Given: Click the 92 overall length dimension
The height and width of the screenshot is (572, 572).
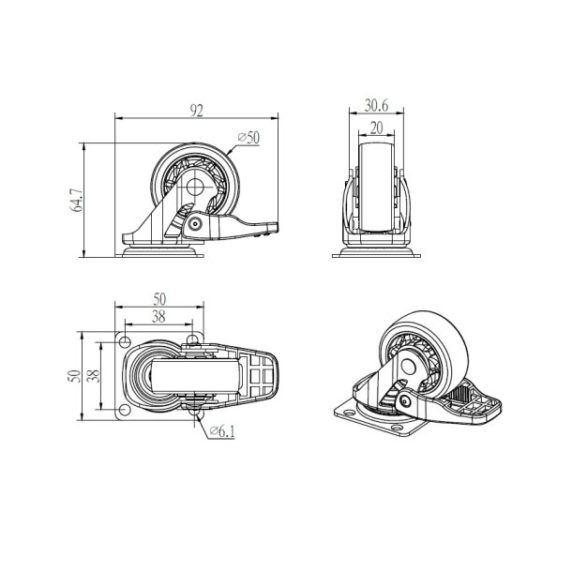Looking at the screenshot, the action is click(x=196, y=110).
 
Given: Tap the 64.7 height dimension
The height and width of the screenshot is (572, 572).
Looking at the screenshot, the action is click(x=76, y=201).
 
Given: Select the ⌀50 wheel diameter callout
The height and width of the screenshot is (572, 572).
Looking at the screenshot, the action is click(x=248, y=138).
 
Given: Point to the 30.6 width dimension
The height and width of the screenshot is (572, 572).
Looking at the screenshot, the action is click(x=376, y=105).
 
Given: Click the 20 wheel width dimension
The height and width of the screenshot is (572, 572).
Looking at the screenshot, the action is click(x=376, y=128).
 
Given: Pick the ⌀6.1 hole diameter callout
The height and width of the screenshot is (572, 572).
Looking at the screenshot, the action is click(x=222, y=431).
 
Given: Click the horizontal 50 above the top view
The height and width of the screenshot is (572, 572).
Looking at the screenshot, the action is click(x=159, y=299).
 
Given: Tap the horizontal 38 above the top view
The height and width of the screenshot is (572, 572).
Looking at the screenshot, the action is click(x=158, y=317).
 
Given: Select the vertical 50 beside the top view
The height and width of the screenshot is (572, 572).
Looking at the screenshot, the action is click(x=74, y=376).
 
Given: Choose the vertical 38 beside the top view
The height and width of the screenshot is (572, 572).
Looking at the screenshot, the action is click(x=94, y=376).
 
